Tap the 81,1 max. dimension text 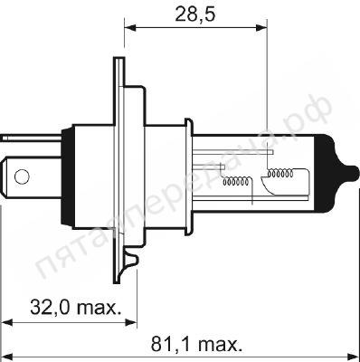point(194,345)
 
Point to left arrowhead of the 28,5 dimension point(128,27)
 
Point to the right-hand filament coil point(279,171)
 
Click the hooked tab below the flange point(131,265)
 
